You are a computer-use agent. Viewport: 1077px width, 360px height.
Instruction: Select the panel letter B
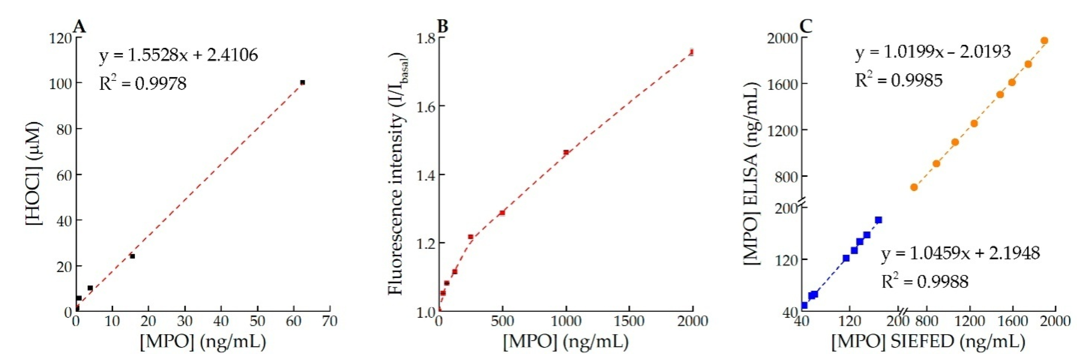tap(442, 26)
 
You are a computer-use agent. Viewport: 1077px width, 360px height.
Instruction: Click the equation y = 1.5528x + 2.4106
tap(179, 55)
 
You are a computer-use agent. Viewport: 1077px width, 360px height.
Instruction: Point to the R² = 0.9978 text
tap(143, 84)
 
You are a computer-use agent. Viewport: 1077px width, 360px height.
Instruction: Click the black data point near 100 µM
tap(302, 82)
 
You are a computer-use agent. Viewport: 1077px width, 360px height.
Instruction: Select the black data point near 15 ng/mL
tap(132, 256)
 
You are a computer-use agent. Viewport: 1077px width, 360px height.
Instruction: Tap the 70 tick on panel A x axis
tap(330, 321)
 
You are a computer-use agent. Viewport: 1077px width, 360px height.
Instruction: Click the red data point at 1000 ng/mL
tap(566, 152)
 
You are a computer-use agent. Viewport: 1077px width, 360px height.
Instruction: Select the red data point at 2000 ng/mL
tap(692, 52)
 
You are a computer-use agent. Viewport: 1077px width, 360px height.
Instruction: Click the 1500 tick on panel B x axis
tap(630, 321)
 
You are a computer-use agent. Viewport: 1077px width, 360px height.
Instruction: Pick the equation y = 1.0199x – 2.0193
tap(932, 52)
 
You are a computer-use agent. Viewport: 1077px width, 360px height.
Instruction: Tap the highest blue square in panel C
tap(878, 220)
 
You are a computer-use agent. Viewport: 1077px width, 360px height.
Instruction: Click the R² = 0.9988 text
tap(925, 281)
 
